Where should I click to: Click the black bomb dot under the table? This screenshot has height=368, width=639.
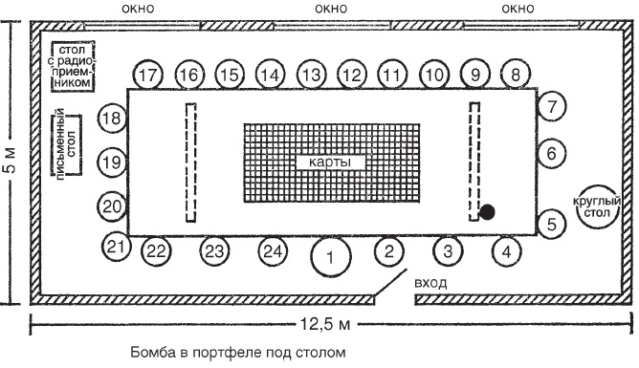click(487, 212)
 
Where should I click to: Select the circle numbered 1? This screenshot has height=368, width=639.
click(331, 257)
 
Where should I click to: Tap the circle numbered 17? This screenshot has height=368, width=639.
click(148, 75)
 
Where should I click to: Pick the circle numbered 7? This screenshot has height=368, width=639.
click(552, 107)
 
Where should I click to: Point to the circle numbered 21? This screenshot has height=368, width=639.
click(117, 247)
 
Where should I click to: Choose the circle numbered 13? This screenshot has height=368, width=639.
click(311, 75)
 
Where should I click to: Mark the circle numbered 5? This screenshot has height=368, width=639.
click(552, 224)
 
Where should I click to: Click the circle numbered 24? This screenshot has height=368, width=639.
click(273, 251)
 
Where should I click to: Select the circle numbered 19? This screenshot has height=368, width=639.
click(112, 162)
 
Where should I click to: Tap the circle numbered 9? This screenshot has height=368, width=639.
click(474, 75)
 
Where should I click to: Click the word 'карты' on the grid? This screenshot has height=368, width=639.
click(330, 162)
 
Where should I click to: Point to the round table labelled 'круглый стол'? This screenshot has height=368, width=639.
click(598, 206)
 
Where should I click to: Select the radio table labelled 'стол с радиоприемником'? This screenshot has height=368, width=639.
click(73, 66)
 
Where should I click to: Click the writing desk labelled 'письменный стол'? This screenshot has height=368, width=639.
click(67, 145)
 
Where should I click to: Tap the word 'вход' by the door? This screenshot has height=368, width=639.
click(430, 283)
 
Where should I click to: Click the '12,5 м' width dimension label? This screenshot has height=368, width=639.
click(325, 324)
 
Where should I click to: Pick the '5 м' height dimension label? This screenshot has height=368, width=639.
click(11, 160)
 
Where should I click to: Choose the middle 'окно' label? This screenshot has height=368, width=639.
click(331, 9)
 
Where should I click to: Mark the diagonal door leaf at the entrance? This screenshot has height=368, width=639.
click(390, 283)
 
